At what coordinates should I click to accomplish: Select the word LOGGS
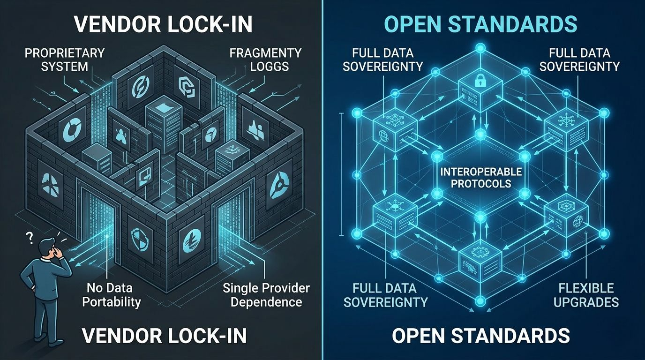coord(269,66)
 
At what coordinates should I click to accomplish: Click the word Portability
coord(112,301)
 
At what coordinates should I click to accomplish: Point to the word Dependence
coord(266,301)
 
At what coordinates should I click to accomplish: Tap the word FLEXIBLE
coord(586,287)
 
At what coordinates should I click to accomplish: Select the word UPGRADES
coord(586,301)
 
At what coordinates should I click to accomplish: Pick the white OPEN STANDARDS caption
coord(480,336)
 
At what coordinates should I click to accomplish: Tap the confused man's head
coord(47,247)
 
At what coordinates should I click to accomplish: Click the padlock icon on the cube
coord(480,82)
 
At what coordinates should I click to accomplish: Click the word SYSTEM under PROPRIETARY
coord(65,66)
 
